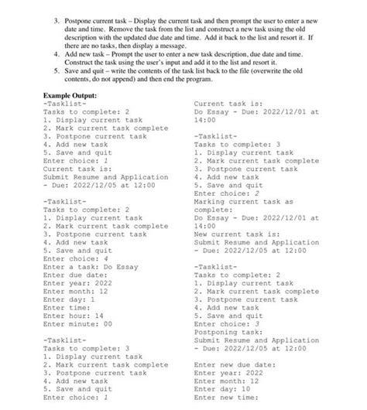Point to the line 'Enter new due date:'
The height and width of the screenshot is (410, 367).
pyautogui.click(x=235, y=364)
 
